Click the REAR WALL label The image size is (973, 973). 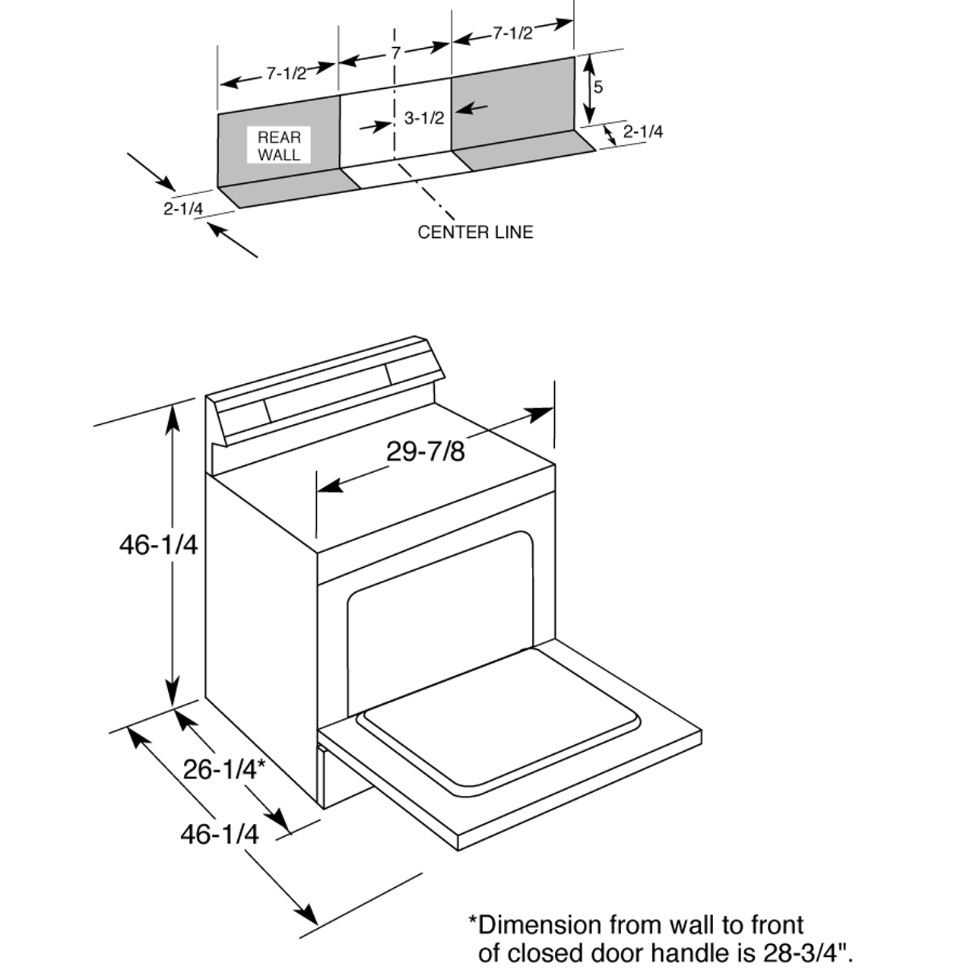tap(279, 146)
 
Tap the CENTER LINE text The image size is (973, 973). tap(475, 232)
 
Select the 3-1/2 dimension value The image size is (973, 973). tap(423, 119)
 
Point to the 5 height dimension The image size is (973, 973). tap(598, 87)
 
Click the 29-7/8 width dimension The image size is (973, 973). tap(425, 452)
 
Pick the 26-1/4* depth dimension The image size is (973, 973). tap(223, 769)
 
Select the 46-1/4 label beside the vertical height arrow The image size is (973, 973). tap(158, 544)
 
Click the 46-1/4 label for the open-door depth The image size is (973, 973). tap(219, 834)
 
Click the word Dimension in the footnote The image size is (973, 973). tap(538, 925)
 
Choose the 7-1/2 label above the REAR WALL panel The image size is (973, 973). tap(285, 74)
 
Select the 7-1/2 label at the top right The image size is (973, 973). tap(512, 33)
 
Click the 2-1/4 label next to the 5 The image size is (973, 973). tap(643, 132)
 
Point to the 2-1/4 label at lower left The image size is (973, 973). tap(183, 208)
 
